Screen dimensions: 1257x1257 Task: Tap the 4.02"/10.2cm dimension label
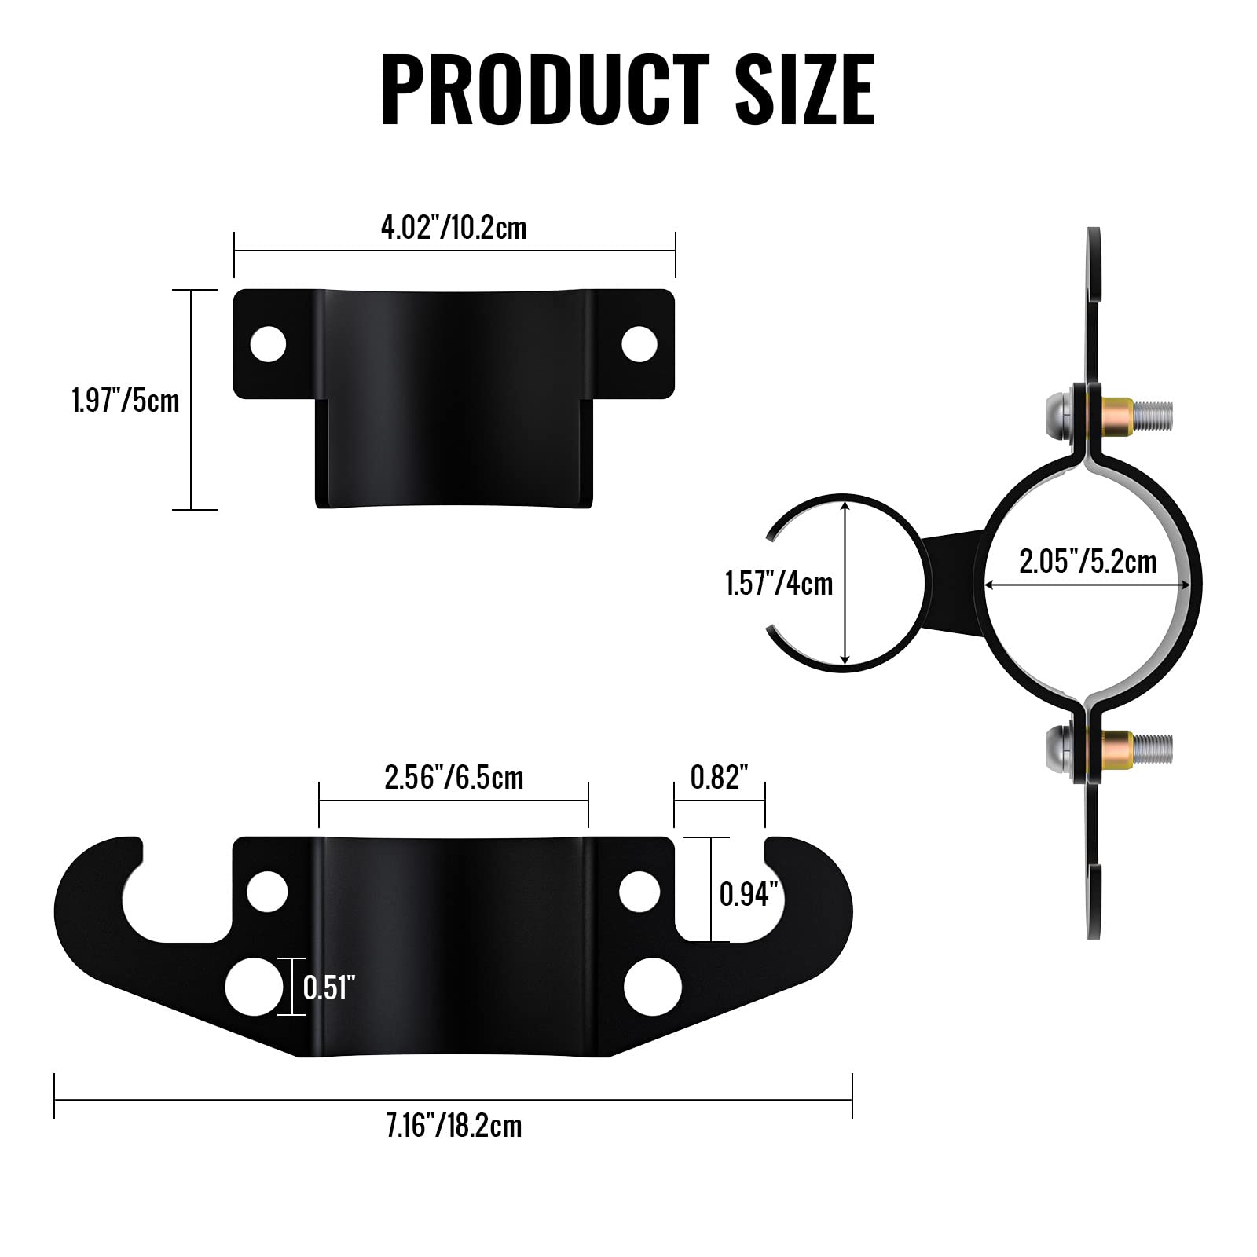(453, 228)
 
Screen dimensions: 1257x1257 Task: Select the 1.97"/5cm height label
(126, 401)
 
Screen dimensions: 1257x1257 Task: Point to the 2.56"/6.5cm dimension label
(453, 778)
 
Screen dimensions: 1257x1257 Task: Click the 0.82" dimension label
(719, 778)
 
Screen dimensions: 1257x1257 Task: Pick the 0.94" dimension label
(748, 894)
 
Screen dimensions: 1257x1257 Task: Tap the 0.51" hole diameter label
(329, 988)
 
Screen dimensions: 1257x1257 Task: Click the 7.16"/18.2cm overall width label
(453, 1126)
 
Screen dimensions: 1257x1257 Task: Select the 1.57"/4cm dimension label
(779, 584)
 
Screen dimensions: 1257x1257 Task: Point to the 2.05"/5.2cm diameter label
(1087, 562)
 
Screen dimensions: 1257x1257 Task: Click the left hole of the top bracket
(268, 344)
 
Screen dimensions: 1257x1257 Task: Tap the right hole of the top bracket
(639, 344)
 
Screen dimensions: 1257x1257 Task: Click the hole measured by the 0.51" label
(254, 987)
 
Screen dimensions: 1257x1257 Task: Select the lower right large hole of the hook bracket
(653, 987)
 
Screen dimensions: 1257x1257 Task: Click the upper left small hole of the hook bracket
(267, 892)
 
